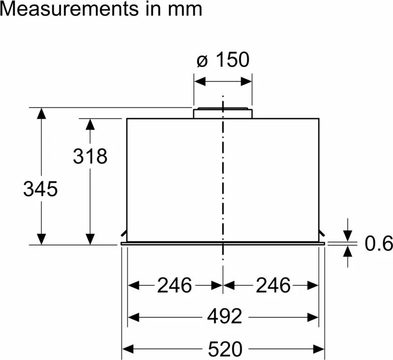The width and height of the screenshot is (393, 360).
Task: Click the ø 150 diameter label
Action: pos(223,60)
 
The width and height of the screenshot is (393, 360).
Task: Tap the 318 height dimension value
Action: pos(90,156)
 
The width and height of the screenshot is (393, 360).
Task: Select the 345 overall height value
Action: pos(41,189)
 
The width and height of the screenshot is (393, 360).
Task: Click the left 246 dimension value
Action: pos(175,285)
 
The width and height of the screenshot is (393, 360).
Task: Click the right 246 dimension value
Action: pos(273,285)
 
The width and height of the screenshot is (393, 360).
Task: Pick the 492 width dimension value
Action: pos(225,316)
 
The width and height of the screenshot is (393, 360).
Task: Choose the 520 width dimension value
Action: pos(225,347)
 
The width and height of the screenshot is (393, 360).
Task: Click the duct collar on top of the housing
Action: pos(223,113)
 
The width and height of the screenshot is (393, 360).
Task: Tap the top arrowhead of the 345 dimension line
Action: pos(42,113)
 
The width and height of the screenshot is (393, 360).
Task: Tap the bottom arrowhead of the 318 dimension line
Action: pos(90,239)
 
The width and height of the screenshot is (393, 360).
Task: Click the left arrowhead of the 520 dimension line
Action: pos(127,347)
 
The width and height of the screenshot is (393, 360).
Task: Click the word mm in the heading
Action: pos(186,9)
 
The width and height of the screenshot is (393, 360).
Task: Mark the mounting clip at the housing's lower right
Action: pos(322,233)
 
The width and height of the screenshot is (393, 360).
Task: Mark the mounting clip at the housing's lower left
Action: pos(124,233)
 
